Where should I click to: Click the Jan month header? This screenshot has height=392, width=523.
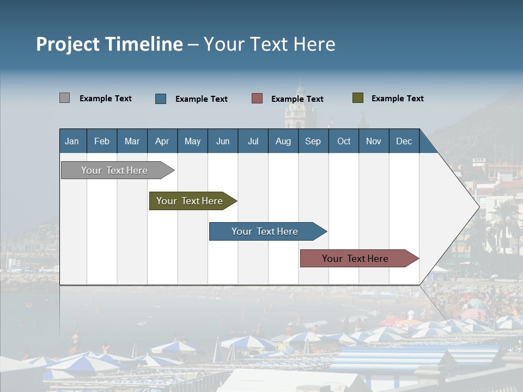tap(72, 141)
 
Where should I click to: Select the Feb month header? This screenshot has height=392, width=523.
tap(102, 141)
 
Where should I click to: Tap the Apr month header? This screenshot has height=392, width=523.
tap(162, 141)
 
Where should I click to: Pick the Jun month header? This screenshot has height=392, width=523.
tap(223, 141)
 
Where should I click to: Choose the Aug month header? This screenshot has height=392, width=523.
tap(283, 141)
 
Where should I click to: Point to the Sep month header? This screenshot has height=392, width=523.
tap(313, 141)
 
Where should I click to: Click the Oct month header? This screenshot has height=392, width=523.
tap(344, 141)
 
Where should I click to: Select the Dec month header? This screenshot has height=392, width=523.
tap(404, 141)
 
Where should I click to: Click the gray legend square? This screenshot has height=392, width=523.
tap(64, 98)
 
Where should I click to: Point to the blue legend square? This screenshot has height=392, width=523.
tap(161, 99)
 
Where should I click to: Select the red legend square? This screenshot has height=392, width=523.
tap(257, 99)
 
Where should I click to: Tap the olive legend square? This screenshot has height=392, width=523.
tap(357, 98)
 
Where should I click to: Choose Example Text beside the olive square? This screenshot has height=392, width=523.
tap(397, 99)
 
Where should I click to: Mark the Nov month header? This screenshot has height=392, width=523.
tap(373, 141)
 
